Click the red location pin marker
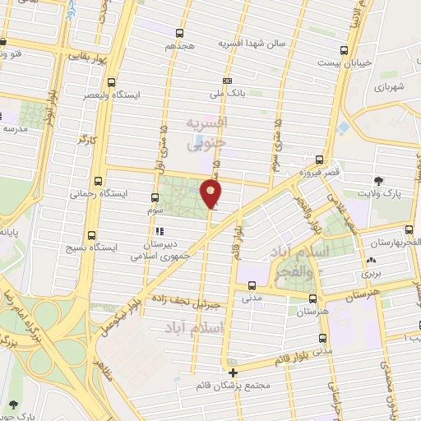tap(211, 192)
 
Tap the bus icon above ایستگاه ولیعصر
tap(111, 82)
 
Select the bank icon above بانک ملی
tap(228, 81)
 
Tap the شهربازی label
tap(391, 86)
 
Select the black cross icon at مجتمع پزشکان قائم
tap(233, 372)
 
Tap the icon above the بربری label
tap(368, 262)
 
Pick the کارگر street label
tap(86, 141)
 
